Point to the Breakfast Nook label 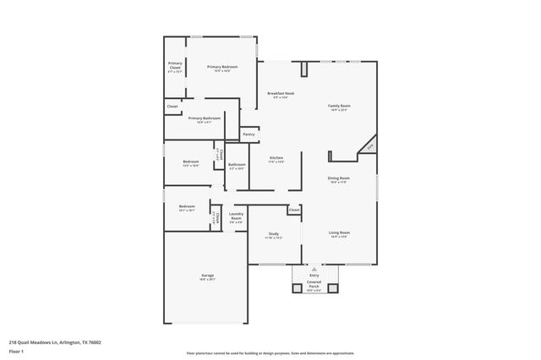coord(281,93)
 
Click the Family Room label coord(339,106)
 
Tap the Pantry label coord(249,134)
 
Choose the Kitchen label coord(276,158)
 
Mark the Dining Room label coord(339,178)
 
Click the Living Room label coord(339,232)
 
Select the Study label coord(274,234)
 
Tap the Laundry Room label coord(237,215)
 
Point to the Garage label coord(207,276)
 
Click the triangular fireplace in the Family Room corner coord(368,149)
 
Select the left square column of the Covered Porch coord(297,288)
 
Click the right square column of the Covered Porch coord(332,288)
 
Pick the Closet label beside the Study coord(293,210)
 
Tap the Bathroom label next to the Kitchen coord(237,165)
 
